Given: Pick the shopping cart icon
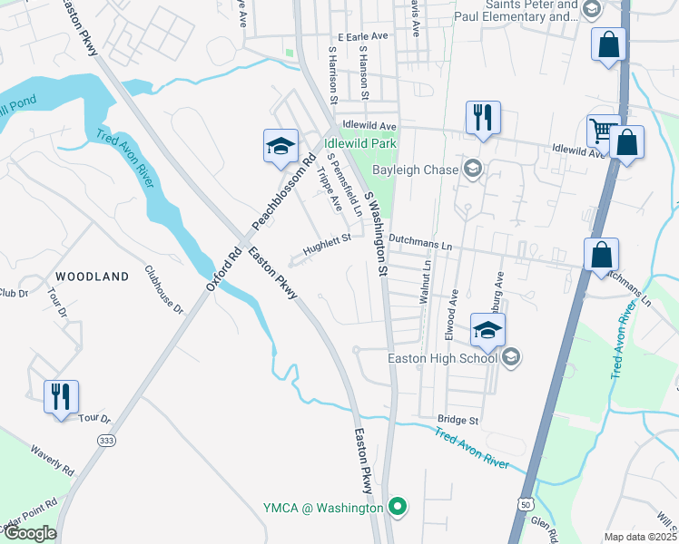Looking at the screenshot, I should click(602, 131).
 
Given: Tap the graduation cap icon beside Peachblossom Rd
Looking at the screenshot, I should click(280, 146).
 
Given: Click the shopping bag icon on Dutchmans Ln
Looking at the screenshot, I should click(601, 255).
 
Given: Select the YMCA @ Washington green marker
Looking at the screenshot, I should click(397, 507).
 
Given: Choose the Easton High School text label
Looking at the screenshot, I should click(443, 357).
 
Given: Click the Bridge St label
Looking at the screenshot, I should click(458, 420).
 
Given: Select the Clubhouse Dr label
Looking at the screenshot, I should click(164, 290).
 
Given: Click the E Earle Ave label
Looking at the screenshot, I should click(362, 37).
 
